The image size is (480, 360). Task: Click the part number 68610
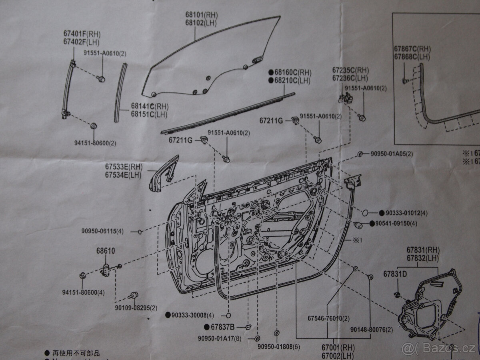click(105, 251)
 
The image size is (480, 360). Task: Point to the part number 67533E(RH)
click(124, 167)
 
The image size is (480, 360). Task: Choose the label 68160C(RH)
click(292, 72)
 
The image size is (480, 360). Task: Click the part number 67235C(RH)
click(350, 70)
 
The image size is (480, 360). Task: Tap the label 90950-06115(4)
click(102, 231)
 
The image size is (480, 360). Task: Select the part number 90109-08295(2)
click(136, 308)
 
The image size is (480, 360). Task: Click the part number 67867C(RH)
click(412, 49)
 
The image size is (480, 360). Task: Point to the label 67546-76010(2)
click(328, 318)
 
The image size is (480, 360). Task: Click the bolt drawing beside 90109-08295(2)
click(133, 296)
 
